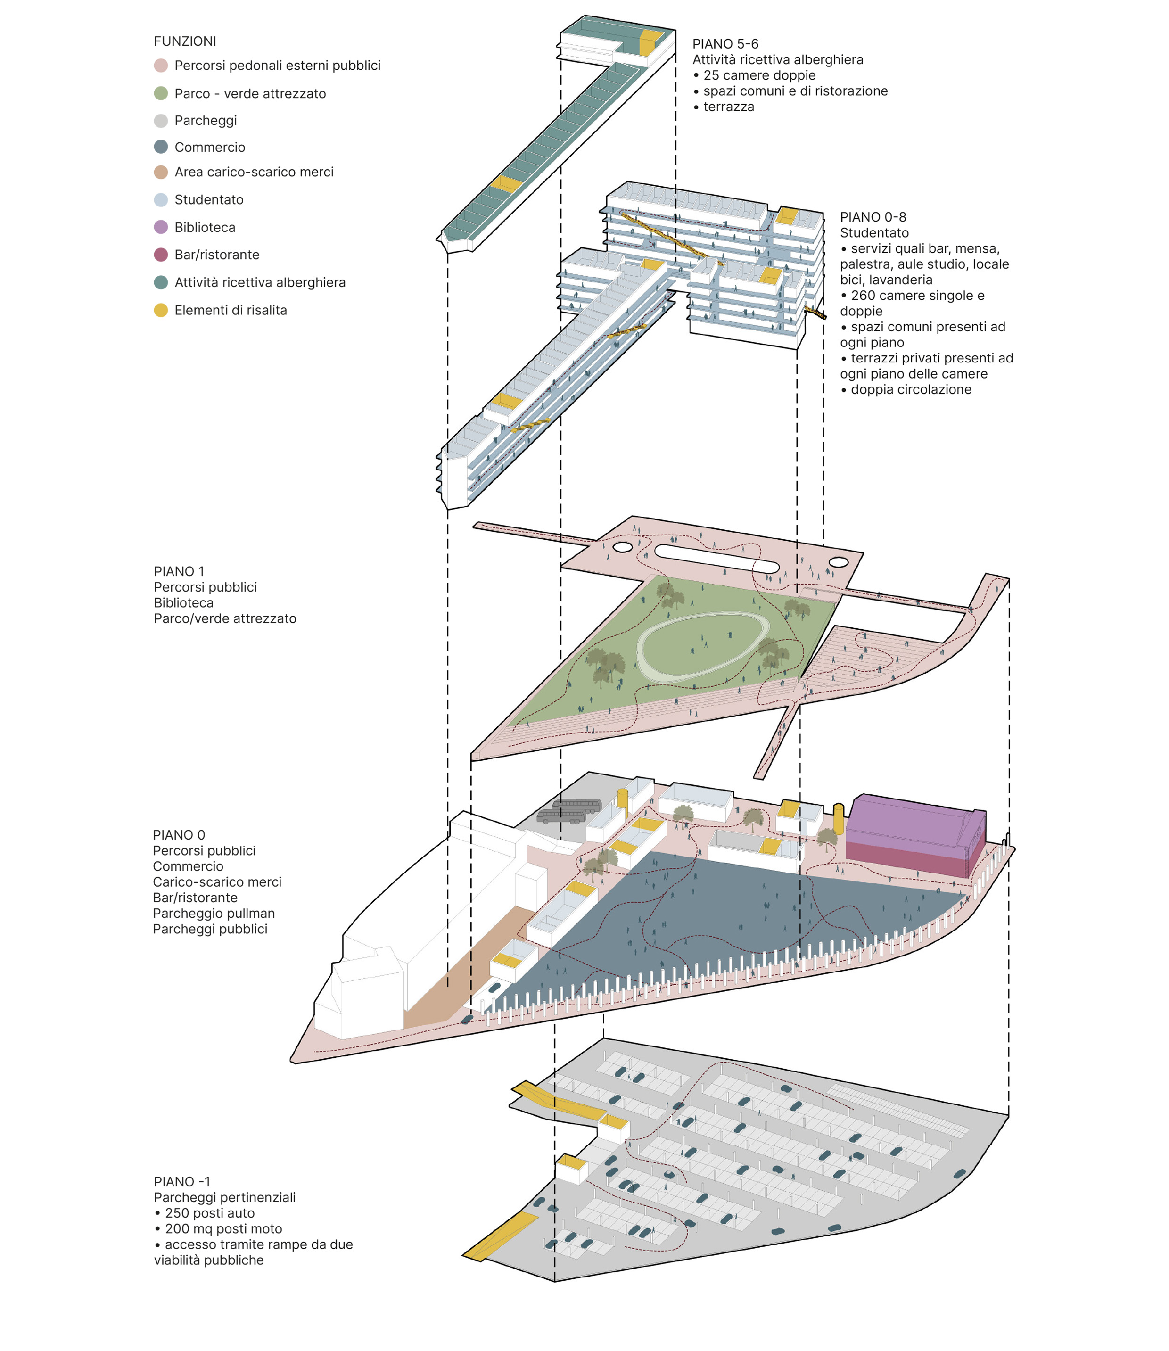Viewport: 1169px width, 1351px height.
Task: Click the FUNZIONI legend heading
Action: (185, 41)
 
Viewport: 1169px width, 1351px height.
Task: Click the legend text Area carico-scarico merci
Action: (254, 172)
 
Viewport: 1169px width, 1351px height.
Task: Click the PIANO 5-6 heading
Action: (725, 44)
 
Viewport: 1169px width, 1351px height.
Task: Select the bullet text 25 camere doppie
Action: (759, 75)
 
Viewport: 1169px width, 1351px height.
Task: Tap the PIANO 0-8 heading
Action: (873, 216)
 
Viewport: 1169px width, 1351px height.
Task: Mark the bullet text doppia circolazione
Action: (911, 389)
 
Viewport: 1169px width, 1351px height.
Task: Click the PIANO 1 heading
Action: (179, 571)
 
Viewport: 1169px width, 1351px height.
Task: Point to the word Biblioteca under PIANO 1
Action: (183, 603)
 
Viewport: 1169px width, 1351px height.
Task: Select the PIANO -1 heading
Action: (182, 1181)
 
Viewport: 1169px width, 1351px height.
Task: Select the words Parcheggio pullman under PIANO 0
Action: (214, 913)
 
